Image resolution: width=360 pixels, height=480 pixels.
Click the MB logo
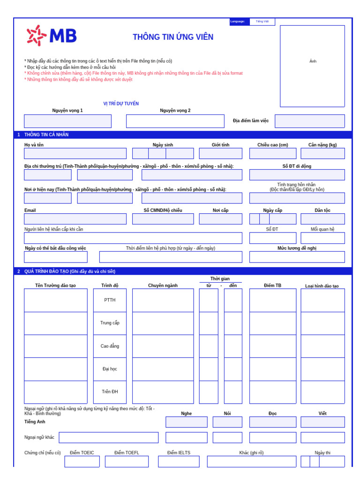[52, 36]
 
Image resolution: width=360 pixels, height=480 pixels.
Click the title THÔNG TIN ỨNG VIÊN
[173, 37]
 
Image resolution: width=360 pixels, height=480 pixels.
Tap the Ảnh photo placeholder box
[312, 66]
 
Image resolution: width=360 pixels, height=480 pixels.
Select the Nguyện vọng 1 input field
[67, 121]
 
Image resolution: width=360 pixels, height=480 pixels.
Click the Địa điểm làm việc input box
[309, 121]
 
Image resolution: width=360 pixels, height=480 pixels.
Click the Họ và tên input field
[75, 154]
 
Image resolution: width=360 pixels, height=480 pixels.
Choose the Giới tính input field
[220, 154]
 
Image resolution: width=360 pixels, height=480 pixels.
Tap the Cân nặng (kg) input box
[322, 154]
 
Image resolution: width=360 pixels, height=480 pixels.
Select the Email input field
[75, 219]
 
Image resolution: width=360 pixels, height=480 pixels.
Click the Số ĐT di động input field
[297, 175]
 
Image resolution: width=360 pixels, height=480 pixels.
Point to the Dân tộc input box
[322, 219]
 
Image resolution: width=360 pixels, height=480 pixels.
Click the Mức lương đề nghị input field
[297, 257]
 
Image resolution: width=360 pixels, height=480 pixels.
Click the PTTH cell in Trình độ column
[110, 300]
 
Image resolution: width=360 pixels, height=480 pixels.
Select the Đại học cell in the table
[110, 369]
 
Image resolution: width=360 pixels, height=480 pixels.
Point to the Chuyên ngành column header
[163, 285]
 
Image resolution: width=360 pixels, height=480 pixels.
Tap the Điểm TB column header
[272, 285]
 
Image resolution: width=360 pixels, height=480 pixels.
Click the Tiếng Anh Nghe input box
[186, 422]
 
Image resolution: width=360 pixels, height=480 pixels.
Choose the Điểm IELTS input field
[179, 462]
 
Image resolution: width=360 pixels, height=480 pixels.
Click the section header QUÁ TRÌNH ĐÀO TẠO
[70, 271]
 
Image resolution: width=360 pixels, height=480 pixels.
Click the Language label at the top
[238, 22]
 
